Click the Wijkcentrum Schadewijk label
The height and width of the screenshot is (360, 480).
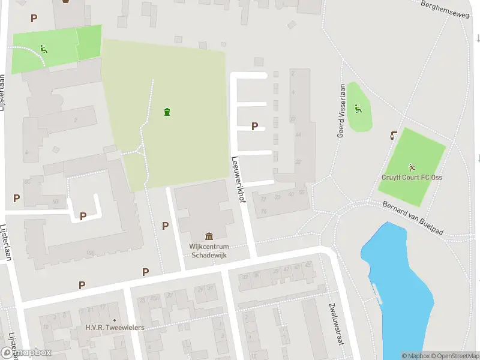[208, 250]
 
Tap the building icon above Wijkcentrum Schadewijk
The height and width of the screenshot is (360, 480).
[209, 236]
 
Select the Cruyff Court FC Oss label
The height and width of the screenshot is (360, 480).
[412, 177]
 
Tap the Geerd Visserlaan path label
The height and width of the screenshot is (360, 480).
[341, 111]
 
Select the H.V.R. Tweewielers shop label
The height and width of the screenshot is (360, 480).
[115, 328]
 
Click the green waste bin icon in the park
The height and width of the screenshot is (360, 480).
[167, 111]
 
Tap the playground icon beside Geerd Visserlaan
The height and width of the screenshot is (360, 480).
[358, 109]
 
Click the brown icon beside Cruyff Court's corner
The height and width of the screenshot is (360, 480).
[393, 135]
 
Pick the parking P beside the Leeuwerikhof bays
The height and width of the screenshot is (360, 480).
[254, 127]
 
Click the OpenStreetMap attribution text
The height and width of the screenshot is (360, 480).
[453, 356]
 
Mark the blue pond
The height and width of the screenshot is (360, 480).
[399, 288]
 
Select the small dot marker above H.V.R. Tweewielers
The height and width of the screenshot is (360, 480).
[115, 320]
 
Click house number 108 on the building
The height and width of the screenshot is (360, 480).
[90, 253]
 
